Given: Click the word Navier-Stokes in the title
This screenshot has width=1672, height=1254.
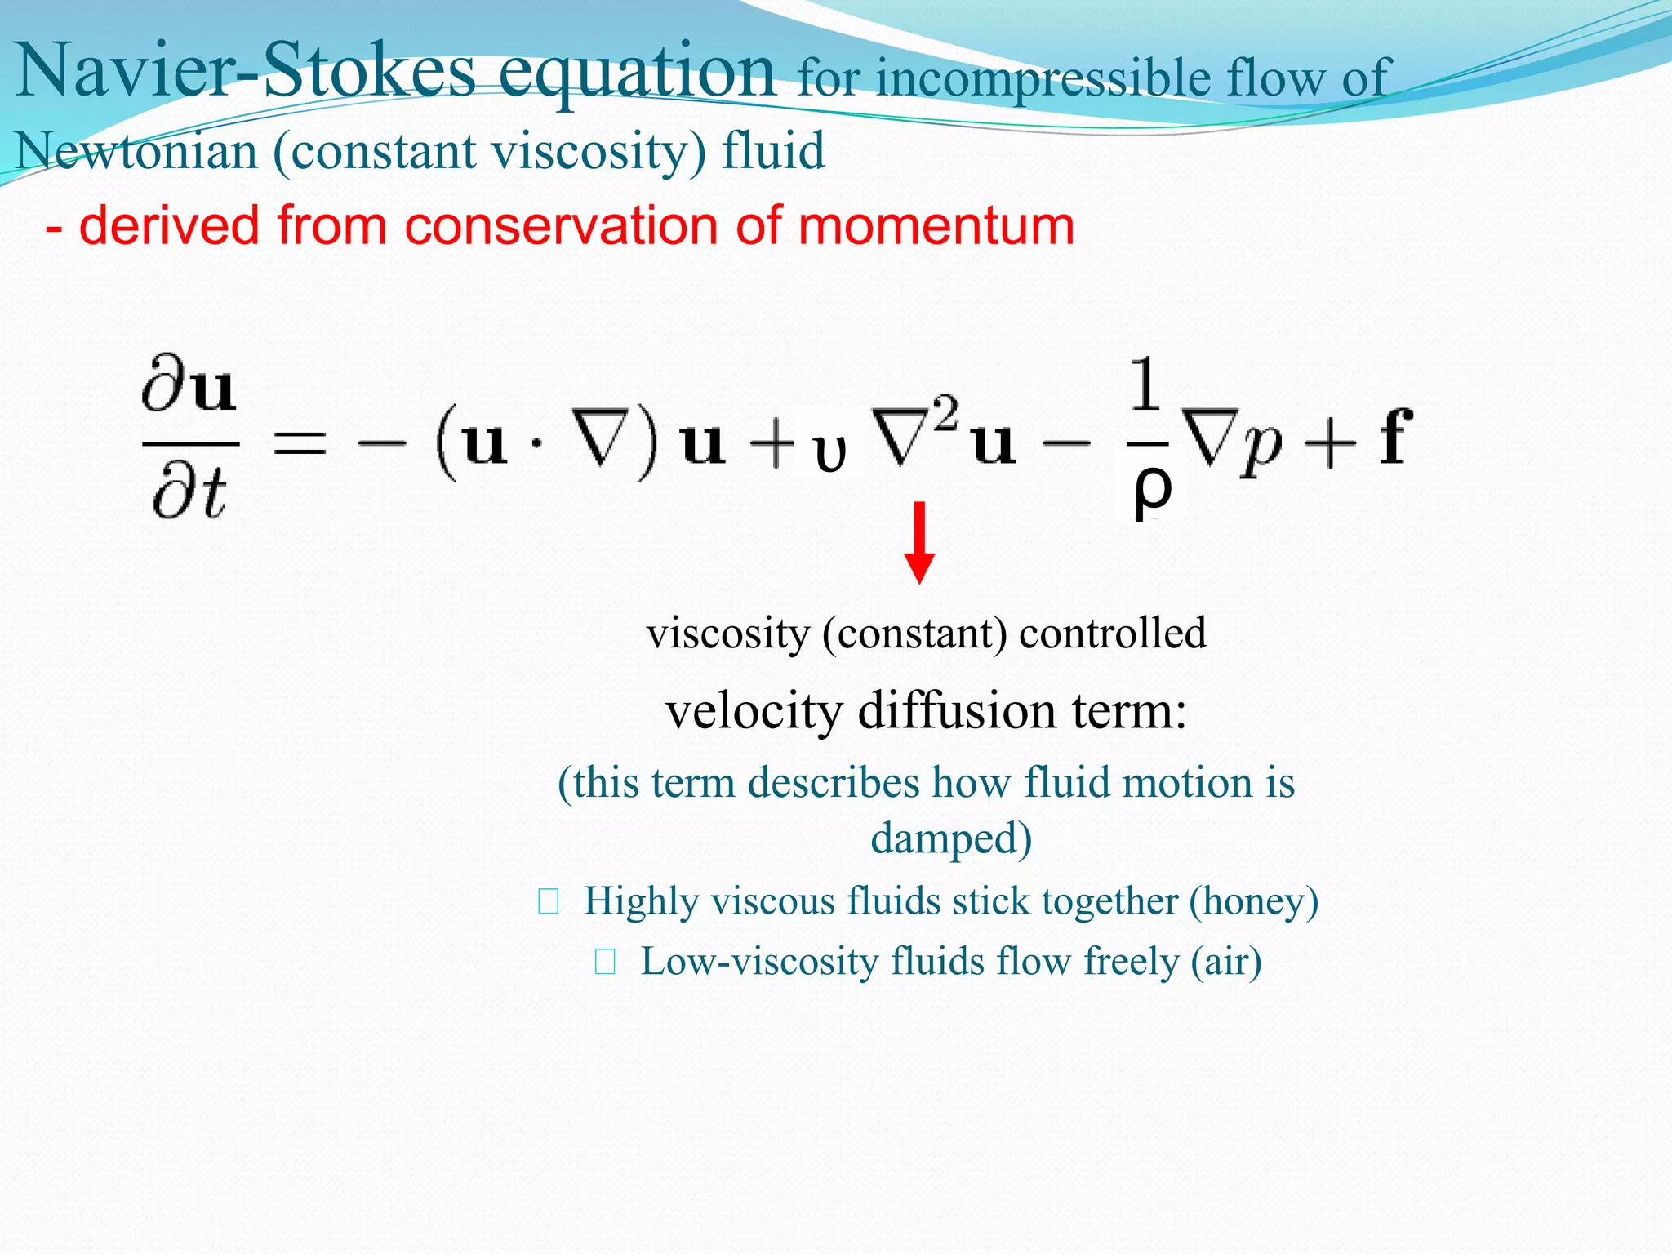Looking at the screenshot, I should click(245, 72).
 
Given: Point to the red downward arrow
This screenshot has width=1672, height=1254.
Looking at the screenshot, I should click(919, 542).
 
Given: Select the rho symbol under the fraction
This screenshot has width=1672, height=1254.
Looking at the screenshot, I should click(1153, 490).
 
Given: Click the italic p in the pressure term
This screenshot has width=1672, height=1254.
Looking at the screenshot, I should click(1261, 449).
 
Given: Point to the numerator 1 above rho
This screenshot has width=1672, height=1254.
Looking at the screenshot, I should click(1146, 384).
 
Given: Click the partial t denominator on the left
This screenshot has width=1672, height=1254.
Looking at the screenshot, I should click(189, 495).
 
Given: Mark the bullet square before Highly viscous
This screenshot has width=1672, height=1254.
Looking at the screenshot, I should click(549, 902).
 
